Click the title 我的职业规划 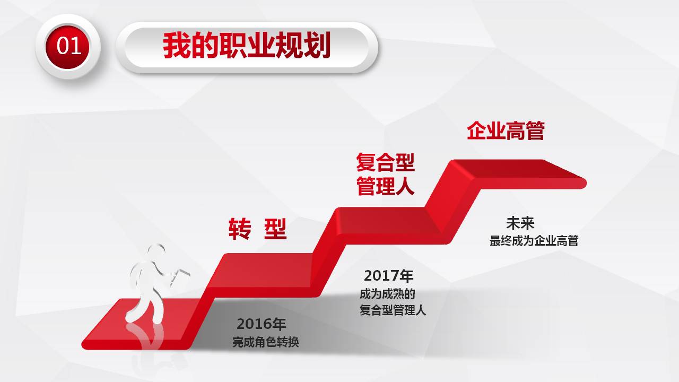point(247,46)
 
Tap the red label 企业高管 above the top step point(506,131)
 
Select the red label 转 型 point(257,229)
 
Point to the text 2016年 point(262,324)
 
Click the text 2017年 point(388,276)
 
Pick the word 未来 point(520,223)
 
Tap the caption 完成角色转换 point(266,342)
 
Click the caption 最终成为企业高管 point(534,241)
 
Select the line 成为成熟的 point(387,294)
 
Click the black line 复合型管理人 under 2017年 point(393,310)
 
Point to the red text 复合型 point(385,163)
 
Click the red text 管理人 point(385,187)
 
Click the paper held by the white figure point(180,274)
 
